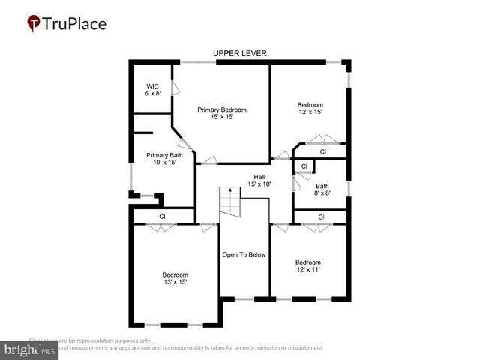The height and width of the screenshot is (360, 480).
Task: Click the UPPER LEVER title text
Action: pyautogui.click(x=240, y=53)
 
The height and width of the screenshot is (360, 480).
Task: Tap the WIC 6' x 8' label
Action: pyautogui.click(x=152, y=91)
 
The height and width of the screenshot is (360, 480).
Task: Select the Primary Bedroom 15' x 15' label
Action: pyautogui.click(x=222, y=114)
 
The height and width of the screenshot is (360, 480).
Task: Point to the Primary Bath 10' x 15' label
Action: pyautogui.click(x=161, y=159)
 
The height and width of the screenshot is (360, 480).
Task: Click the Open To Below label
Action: pyautogui.click(x=244, y=255)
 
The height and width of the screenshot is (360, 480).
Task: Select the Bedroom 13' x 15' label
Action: pyautogui.click(x=175, y=278)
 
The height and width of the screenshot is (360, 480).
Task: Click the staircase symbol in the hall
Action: pyautogui.click(x=229, y=203)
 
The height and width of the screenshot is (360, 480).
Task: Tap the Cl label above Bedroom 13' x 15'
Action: pyautogui.click(x=162, y=217)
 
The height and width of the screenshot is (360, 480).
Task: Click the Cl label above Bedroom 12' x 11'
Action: pyautogui.click(x=321, y=217)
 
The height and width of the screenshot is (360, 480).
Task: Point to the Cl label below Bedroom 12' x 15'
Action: pyautogui.click(x=322, y=151)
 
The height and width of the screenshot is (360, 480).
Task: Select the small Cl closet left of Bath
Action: pyautogui.click(x=303, y=166)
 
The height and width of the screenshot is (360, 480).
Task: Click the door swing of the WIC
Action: pyautogui.click(x=175, y=88)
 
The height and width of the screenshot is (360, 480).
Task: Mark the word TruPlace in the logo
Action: pyautogui.click(x=74, y=23)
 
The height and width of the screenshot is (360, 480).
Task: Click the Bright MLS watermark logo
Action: pyautogui.click(x=30, y=349)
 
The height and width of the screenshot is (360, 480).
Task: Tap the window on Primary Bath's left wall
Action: pyautogui.click(x=131, y=178)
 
